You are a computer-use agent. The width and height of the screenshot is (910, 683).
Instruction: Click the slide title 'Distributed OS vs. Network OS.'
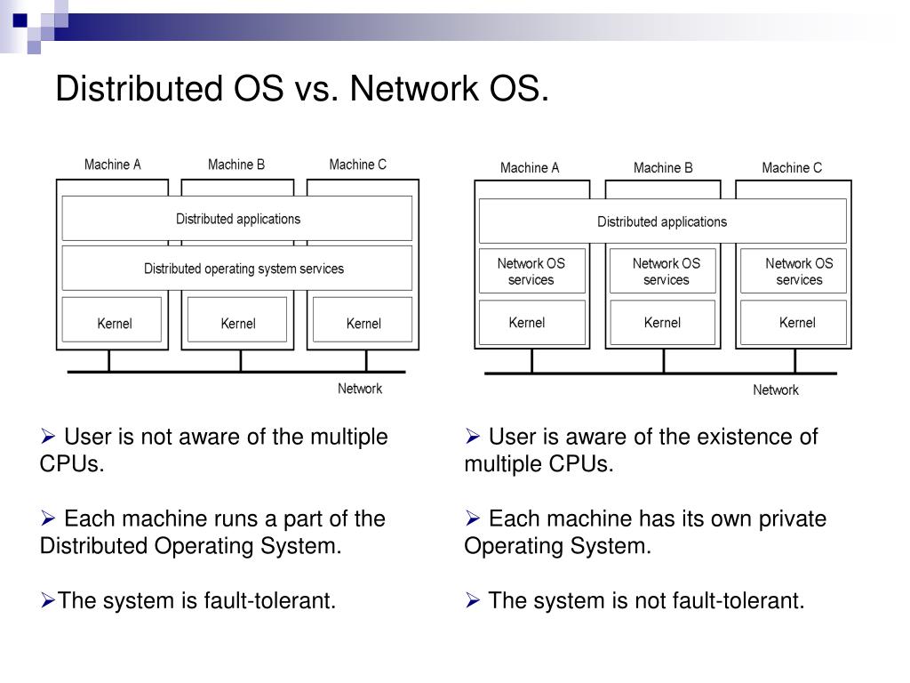pos(302,89)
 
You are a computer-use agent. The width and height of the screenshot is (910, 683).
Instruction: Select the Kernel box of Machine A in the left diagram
pos(112,320)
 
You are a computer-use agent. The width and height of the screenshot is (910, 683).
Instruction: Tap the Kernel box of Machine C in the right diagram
pos(796,322)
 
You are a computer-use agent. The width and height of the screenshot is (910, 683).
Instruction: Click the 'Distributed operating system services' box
pos(237,268)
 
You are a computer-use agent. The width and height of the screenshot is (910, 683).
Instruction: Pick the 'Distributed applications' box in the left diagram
pos(237,219)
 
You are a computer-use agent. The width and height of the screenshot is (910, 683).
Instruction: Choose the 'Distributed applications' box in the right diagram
pos(662,221)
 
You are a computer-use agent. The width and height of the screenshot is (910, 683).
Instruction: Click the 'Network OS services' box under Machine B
pos(666,271)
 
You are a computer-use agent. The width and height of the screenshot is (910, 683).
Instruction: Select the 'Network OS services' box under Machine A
pos(531,271)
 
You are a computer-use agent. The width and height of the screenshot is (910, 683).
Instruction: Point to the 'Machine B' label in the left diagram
pos(236,165)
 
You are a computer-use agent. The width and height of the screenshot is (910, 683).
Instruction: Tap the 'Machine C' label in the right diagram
pos(792,167)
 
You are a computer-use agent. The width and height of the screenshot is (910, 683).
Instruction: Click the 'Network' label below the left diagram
pos(360,389)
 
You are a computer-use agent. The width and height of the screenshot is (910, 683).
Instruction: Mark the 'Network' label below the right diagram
pos(776,390)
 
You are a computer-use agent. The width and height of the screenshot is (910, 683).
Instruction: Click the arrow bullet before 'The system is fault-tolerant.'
pos(48,602)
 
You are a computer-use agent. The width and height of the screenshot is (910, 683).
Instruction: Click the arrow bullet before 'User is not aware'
pos(49,438)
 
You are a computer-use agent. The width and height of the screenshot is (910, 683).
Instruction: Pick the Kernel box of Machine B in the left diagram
pos(237,320)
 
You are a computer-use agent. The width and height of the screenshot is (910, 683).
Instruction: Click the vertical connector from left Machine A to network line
pos(109,360)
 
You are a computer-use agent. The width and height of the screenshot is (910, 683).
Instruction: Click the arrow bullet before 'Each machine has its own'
pos(473,519)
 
